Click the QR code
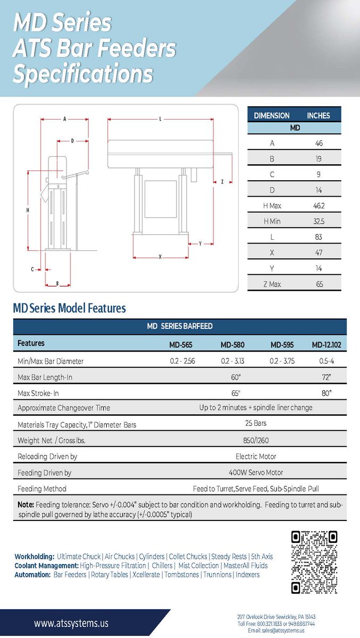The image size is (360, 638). [x=314, y=562]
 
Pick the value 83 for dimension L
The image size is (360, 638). [x=319, y=237]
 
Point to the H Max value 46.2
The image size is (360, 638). [x=319, y=206]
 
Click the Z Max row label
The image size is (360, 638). [x=272, y=284]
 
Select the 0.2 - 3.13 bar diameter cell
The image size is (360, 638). [x=232, y=361]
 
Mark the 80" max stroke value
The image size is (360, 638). [x=326, y=393]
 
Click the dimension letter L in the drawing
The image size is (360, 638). [x=160, y=119]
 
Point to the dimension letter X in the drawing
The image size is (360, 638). [x=160, y=257]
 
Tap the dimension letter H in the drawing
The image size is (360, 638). [x=28, y=211]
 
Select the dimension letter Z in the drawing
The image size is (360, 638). [x=222, y=182]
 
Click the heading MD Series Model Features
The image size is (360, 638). [x=69, y=308]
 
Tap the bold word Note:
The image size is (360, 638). [x=26, y=505]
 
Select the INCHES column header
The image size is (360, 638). [x=318, y=115]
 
